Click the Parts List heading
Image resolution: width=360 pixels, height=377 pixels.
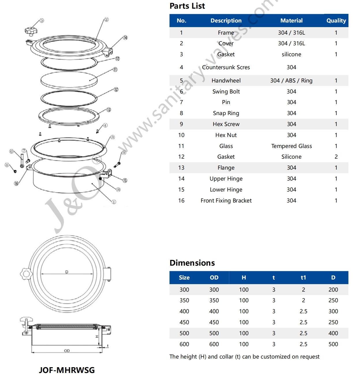pos(187,6)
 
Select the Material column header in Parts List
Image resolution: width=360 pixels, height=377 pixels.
pos(291,20)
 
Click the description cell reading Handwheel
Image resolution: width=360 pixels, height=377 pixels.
pos(226,80)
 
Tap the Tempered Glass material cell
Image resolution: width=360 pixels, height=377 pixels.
pos(291,146)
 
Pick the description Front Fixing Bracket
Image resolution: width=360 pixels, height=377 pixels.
pos(226,200)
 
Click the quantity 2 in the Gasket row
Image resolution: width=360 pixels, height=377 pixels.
pos(336,157)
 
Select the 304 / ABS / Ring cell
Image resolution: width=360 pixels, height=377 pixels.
pos(291,80)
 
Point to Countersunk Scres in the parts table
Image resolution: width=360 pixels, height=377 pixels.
pos(226,67)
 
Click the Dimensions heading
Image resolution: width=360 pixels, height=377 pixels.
pos(192,263)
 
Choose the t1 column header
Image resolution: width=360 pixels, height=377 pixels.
pos(303,277)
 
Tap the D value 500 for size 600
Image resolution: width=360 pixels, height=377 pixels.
pos(333,344)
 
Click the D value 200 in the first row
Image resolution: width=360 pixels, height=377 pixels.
pos(333,290)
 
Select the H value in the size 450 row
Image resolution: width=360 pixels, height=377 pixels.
pos(244,322)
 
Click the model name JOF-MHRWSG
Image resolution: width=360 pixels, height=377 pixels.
pos(67,370)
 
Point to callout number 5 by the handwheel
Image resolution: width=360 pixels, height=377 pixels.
pos(42,20)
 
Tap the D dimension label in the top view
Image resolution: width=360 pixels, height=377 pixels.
pos(67,272)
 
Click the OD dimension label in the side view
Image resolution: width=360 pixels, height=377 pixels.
pos(67,351)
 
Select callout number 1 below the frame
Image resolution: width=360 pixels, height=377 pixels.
pos(114,202)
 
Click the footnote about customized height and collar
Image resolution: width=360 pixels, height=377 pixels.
pos(244,357)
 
